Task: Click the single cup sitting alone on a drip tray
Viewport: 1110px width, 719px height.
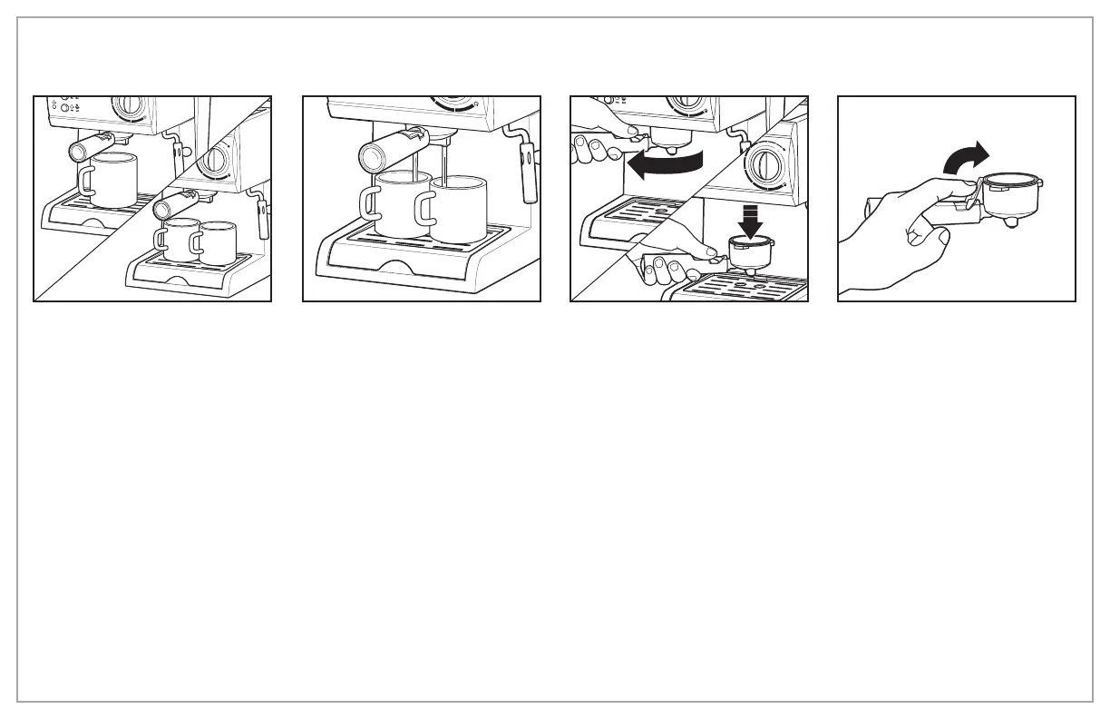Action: click(x=112, y=181)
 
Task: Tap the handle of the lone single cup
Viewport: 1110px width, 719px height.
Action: click(x=86, y=181)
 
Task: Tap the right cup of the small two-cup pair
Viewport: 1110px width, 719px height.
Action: click(x=217, y=244)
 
